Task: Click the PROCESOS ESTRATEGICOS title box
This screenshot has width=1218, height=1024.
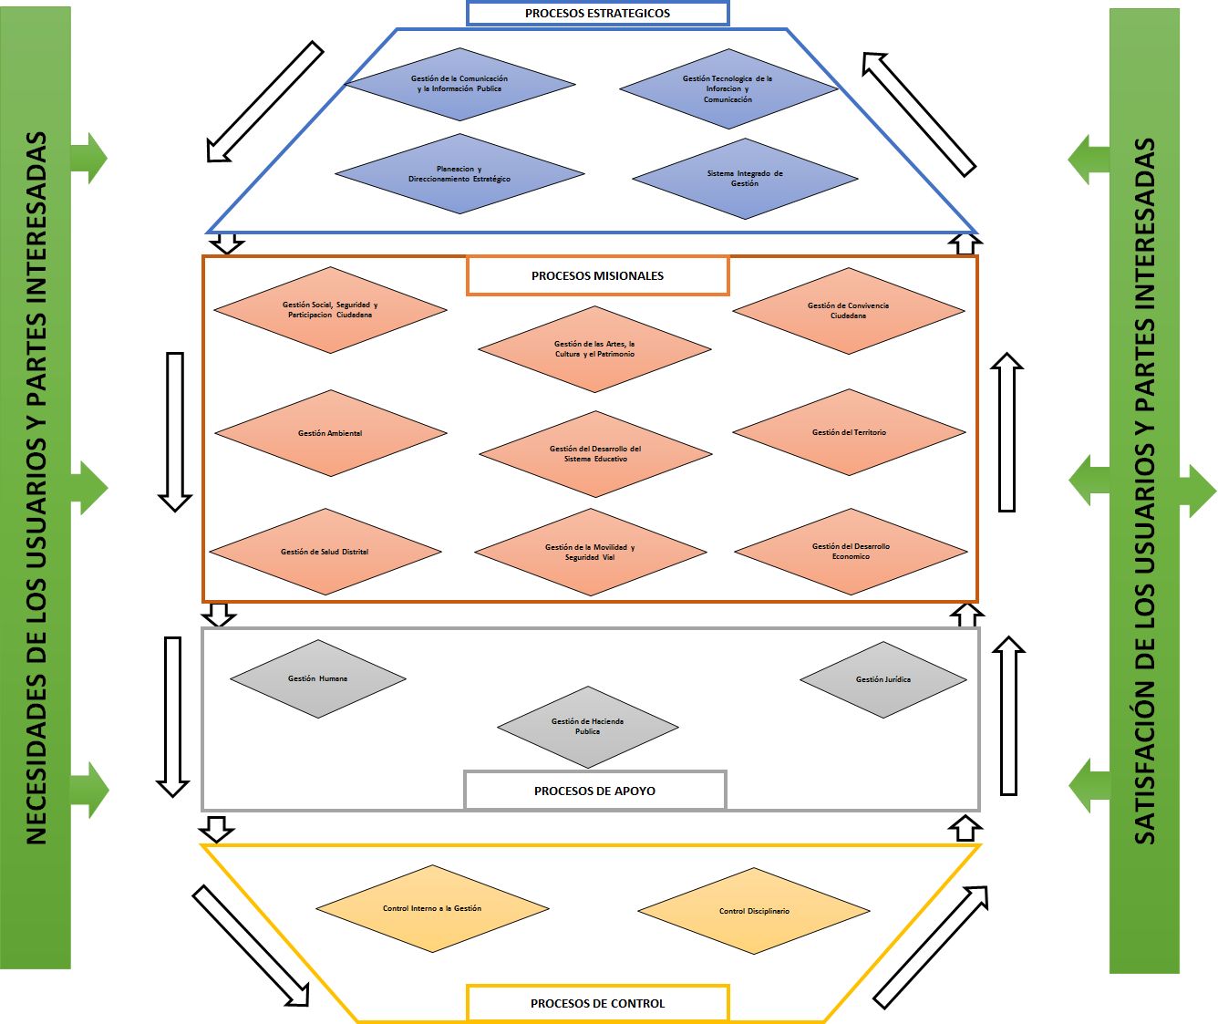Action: (x=597, y=13)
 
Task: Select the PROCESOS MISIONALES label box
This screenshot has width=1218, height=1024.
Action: (x=597, y=275)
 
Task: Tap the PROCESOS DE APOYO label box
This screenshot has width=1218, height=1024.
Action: (x=594, y=791)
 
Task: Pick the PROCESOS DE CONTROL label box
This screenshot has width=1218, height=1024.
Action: (x=597, y=1003)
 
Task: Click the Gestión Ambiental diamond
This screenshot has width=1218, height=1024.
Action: (x=330, y=433)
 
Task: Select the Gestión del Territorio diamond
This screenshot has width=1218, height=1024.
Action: (x=849, y=432)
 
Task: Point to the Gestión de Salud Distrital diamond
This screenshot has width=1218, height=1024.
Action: (x=325, y=552)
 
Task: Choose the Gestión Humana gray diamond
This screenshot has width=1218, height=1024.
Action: (x=317, y=678)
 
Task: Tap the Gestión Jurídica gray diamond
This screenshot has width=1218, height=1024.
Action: (x=883, y=679)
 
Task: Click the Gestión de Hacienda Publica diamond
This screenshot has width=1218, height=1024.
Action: (x=587, y=727)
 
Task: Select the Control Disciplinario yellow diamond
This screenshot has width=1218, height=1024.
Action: (x=754, y=911)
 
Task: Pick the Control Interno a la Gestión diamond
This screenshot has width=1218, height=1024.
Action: (x=432, y=908)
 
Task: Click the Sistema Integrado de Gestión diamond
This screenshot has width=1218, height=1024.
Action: (x=745, y=179)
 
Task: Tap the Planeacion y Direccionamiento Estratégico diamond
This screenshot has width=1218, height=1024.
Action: (x=459, y=174)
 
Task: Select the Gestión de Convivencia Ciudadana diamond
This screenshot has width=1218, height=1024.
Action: (x=848, y=311)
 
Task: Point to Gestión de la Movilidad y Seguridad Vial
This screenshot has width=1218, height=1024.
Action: (x=590, y=553)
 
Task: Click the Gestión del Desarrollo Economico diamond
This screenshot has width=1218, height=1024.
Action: (x=851, y=552)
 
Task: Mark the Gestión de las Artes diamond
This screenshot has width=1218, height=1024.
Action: (x=594, y=349)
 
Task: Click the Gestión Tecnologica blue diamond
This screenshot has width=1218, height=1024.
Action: (x=728, y=89)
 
